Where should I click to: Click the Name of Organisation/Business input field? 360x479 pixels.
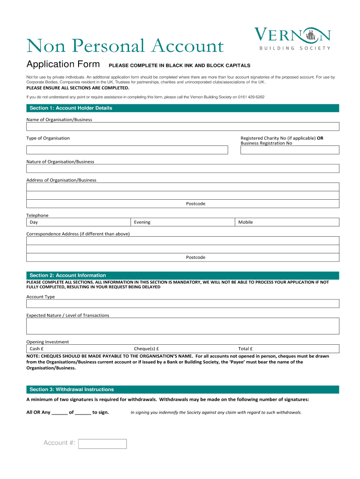click(182, 127)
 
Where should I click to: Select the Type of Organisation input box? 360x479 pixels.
click(127, 150)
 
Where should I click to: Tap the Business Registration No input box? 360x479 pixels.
click(290, 150)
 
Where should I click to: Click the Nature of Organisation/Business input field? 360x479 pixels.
click(182, 168)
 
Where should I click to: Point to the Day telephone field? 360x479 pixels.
click(78, 222)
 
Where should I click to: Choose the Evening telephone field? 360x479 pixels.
click(182, 222)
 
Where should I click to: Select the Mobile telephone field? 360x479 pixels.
click(287, 222)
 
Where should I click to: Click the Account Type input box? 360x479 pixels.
click(182, 304)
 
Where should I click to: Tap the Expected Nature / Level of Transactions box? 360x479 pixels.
click(182, 326)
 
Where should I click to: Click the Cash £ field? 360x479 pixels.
click(78, 348)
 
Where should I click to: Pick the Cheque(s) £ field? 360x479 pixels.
click(182, 348)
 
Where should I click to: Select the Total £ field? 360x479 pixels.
click(287, 348)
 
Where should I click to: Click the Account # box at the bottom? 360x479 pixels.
click(102, 443)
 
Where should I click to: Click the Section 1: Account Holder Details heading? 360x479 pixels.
click(71, 108)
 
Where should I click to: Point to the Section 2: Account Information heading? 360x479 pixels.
click(67, 276)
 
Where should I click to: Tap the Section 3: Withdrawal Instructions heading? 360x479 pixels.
click(71, 389)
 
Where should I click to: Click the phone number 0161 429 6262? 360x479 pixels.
click(251, 97)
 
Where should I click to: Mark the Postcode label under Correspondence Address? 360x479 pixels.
click(195, 257)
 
